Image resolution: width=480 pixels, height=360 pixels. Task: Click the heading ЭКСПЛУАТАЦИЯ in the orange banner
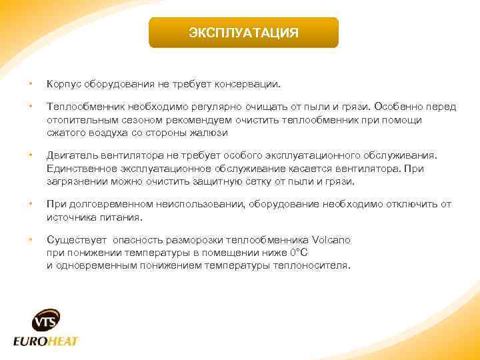tap(243, 33)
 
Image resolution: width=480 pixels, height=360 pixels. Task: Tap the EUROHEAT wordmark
tap(46, 341)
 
